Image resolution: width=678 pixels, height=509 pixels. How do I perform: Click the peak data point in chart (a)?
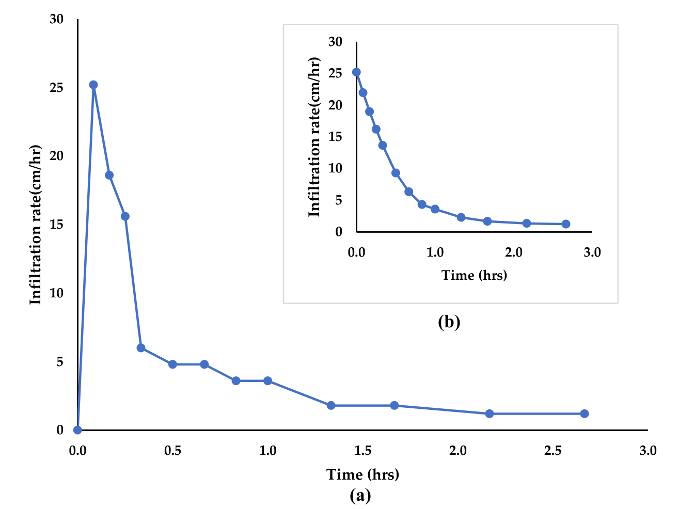[93, 85]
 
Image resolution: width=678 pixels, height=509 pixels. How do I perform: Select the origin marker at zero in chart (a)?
[77, 430]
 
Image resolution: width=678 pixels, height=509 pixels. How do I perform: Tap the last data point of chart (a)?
[585, 413]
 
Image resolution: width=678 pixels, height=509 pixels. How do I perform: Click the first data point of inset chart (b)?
[356, 72]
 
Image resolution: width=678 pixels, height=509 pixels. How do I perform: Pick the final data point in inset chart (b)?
[566, 224]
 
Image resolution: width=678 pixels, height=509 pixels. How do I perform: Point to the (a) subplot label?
[360, 496]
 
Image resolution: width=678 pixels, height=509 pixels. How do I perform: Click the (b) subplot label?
[449, 322]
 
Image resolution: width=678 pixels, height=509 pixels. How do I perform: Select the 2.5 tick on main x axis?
[553, 451]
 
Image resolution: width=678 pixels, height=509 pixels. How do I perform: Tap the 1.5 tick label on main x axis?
[362, 451]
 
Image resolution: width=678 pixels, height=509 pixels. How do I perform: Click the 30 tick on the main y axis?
[56, 19]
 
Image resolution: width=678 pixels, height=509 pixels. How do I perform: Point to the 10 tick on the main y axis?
[56, 293]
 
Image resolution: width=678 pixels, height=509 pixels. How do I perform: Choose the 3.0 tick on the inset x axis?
[592, 252]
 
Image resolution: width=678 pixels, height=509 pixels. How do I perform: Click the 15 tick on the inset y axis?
[336, 136]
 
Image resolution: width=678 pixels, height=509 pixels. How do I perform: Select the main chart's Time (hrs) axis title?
[362, 474]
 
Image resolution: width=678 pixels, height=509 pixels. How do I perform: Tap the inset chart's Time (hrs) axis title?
[474, 275]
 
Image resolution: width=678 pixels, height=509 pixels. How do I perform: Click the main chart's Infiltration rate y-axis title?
[35, 225]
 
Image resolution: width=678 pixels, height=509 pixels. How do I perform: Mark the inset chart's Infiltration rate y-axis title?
[314, 137]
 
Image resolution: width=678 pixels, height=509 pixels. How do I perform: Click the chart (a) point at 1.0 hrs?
[267, 380]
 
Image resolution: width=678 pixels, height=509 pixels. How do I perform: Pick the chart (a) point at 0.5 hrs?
[172, 364]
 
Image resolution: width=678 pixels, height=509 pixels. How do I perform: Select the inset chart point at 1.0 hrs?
[435, 209]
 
